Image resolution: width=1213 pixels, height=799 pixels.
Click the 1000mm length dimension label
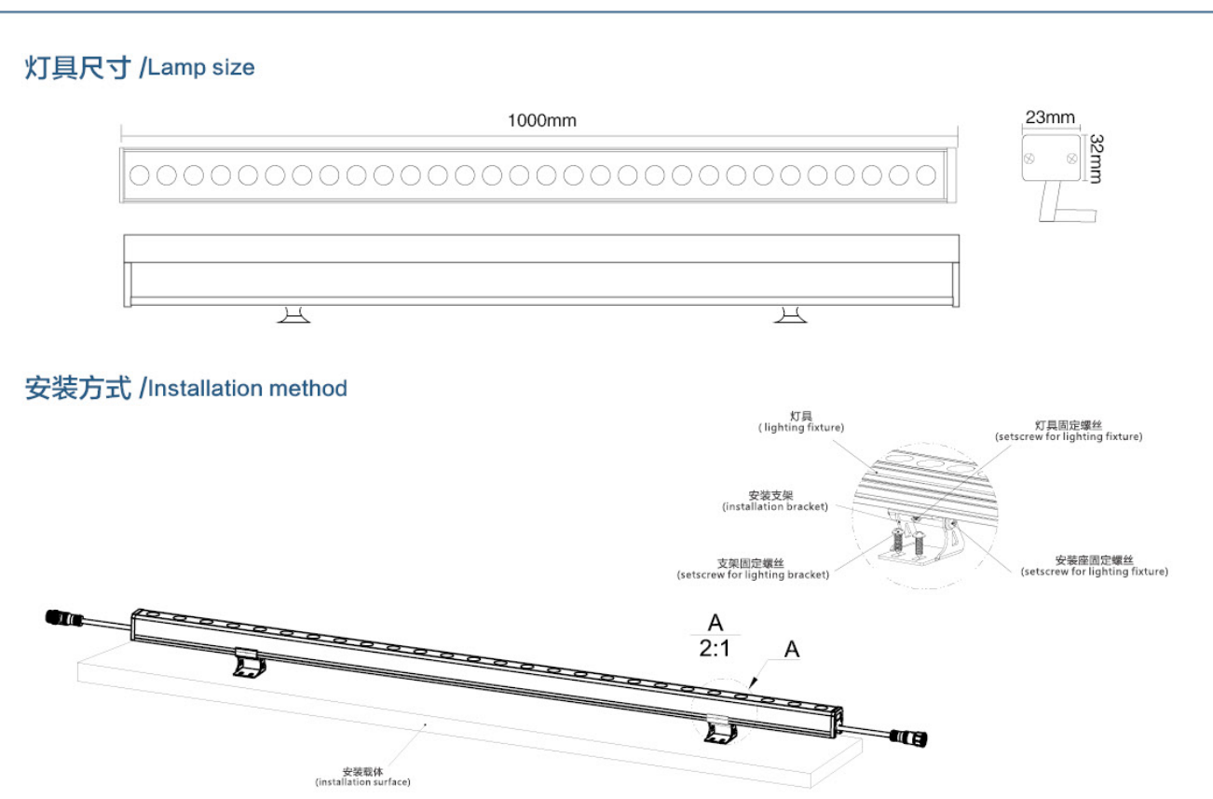point(541,120)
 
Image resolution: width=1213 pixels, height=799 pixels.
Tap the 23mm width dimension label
point(1050,117)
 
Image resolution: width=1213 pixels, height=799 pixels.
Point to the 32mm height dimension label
point(1096,158)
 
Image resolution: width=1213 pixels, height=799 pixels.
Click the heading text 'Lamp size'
point(201,67)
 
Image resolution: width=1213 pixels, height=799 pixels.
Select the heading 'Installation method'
point(248,388)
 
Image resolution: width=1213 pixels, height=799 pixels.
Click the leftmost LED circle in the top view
point(140,174)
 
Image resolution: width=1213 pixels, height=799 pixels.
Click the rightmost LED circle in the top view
point(925,174)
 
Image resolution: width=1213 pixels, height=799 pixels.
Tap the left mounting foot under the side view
point(294,315)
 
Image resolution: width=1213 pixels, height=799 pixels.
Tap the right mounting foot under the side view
point(791,315)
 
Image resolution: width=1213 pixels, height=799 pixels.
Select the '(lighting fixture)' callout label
point(801,427)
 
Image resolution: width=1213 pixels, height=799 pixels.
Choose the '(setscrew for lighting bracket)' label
point(752,574)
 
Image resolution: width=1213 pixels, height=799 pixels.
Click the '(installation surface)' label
point(362,781)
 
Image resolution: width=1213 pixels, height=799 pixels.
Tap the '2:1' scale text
point(715,648)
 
